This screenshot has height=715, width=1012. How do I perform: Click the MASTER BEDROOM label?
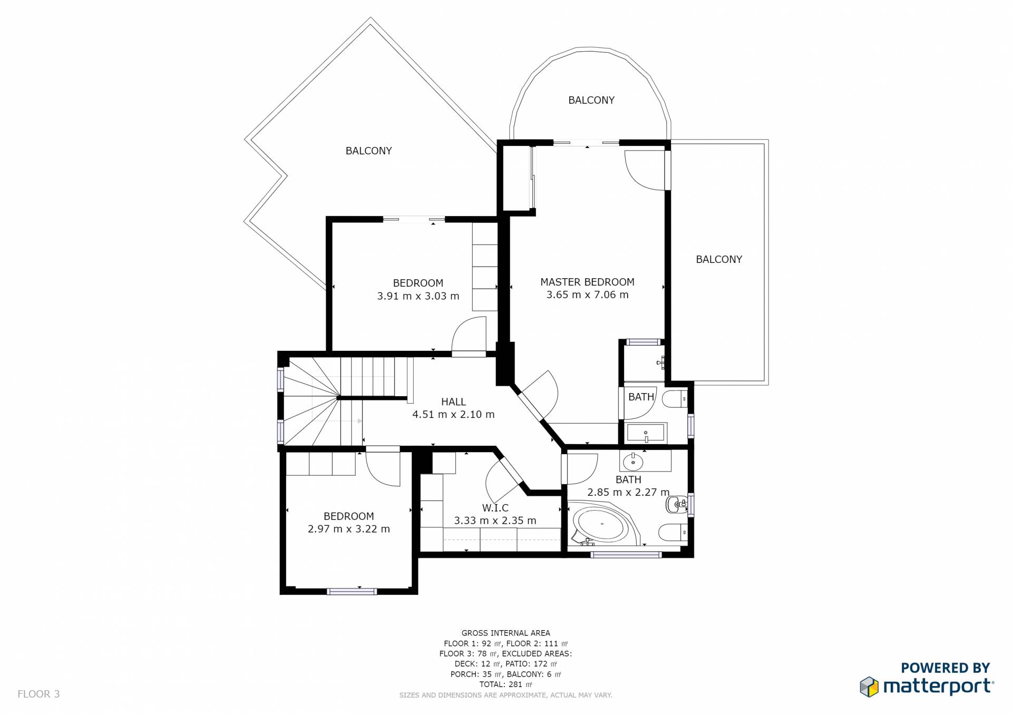[x=587, y=282]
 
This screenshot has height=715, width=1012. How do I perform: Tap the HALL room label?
[x=453, y=402]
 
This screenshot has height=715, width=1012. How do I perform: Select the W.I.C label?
[x=495, y=508]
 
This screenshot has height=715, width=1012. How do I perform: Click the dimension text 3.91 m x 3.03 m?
[x=418, y=296]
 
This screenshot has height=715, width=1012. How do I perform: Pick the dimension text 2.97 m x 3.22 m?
[x=349, y=529]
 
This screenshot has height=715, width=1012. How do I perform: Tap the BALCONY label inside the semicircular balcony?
[x=591, y=100]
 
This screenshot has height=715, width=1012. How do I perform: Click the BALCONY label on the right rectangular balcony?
[x=719, y=259]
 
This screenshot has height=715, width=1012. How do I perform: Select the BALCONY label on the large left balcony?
[x=368, y=151]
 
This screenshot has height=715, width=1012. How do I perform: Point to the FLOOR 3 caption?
[x=38, y=694]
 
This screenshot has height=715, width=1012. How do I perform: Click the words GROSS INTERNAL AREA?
[x=505, y=633]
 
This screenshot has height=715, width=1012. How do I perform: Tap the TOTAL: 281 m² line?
[x=505, y=684]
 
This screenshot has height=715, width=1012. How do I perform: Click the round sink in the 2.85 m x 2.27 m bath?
[x=632, y=462]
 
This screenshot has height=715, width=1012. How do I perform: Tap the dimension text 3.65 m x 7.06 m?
[x=587, y=295]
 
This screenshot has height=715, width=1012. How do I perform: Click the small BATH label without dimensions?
[x=641, y=397]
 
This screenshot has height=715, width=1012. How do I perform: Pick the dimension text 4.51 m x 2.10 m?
[x=453, y=415]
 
